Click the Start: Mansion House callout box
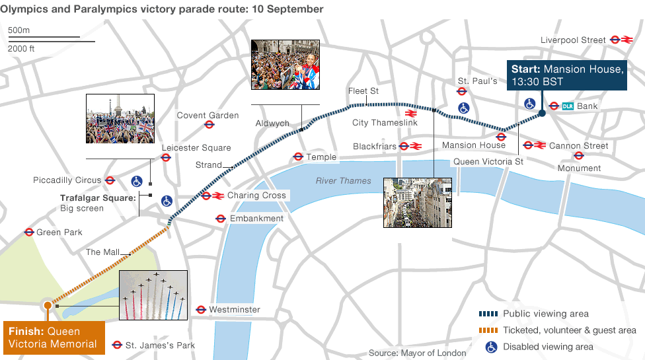[566, 75]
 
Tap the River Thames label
[343, 181]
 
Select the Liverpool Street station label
[573, 40]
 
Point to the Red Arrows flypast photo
[153, 295]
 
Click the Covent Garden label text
[208, 116]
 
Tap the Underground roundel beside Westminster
[201, 310]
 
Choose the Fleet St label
[363, 91]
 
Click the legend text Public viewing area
[545, 314]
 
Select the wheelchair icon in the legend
[491, 346]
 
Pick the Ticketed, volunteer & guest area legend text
[569, 330]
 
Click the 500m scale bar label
[19, 30]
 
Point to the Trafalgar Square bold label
[97, 198]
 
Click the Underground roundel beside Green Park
[29, 233]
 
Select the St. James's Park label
[160, 345]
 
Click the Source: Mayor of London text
[417, 353]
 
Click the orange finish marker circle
[47, 305]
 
